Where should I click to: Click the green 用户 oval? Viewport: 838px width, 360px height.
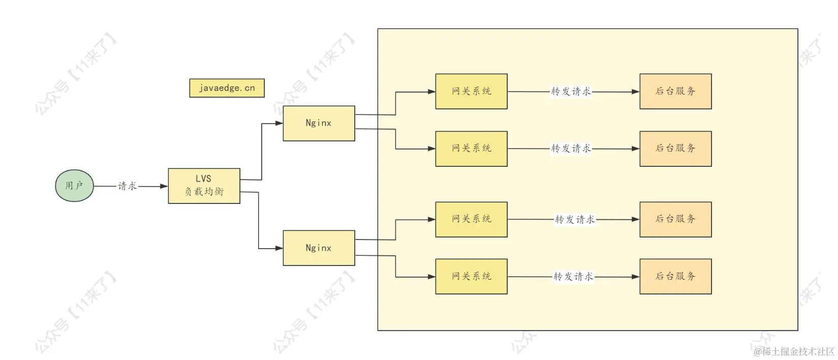click(74, 186)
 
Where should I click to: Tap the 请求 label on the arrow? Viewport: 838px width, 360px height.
click(127, 186)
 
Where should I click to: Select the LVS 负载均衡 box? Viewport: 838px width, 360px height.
click(204, 186)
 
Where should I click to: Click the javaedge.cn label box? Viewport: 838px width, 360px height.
click(227, 88)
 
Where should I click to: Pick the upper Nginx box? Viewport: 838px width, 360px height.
click(319, 123)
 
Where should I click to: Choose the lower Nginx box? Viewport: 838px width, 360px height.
click(319, 248)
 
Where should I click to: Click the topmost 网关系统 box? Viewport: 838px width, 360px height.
click(471, 92)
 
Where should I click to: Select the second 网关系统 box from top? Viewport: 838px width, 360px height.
click(471, 148)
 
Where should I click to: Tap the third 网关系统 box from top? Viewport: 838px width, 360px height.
click(471, 219)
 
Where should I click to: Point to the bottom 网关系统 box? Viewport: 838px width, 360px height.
click(471, 277)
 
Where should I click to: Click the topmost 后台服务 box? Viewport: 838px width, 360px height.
click(675, 92)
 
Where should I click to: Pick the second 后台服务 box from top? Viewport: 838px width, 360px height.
click(675, 148)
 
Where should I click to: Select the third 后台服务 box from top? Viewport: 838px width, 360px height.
click(675, 219)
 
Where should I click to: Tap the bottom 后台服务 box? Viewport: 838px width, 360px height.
click(675, 277)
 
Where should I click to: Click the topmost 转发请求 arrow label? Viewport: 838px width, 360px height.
click(571, 92)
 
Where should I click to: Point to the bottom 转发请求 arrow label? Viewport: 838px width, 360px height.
click(573, 277)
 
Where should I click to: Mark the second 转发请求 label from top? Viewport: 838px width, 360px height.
click(571, 148)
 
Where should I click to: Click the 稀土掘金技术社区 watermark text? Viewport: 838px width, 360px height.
click(794, 351)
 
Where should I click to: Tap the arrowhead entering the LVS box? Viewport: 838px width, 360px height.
click(164, 187)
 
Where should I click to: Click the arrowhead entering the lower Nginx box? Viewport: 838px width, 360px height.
click(278, 249)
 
